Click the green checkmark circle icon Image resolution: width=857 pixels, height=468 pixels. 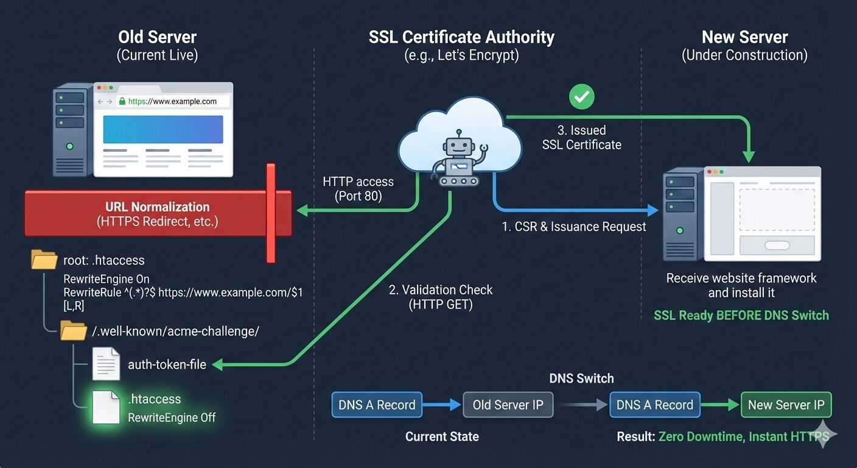tap(581, 96)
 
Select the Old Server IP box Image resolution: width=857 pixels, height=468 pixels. tap(508, 405)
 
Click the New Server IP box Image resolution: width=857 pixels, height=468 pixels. tap(786, 405)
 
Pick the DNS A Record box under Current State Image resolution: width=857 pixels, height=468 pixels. tap(377, 405)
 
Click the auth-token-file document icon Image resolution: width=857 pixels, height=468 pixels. tap(106, 363)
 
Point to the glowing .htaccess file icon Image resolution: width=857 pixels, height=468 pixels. tap(106, 407)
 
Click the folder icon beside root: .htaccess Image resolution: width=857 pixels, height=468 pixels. tap(44, 260)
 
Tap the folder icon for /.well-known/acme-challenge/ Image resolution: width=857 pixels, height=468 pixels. tap(74, 331)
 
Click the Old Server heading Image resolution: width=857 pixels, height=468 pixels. tap(157, 37)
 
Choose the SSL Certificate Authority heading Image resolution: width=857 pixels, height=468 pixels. tap(461, 37)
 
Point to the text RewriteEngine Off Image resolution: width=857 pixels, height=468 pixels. tap(172, 418)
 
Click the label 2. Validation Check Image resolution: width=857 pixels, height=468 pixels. tap(441, 290)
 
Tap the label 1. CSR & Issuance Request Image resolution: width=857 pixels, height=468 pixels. tap(574, 227)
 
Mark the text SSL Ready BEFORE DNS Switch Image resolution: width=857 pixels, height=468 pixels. tap(741, 315)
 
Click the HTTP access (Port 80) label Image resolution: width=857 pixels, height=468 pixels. tap(358, 189)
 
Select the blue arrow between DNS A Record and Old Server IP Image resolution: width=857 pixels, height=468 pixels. tap(441, 405)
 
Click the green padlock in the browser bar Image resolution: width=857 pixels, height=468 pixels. tap(122, 102)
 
